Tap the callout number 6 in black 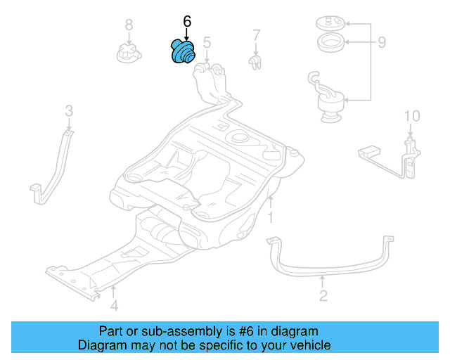pyautogui.click(x=187, y=22)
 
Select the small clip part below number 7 pyautogui.click(x=257, y=63)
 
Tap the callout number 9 pyautogui.click(x=381, y=43)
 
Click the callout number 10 pyautogui.click(x=411, y=115)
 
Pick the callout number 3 pyautogui.click(x=69, y=110)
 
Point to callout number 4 pyautogui.click(x=114, y=305)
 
